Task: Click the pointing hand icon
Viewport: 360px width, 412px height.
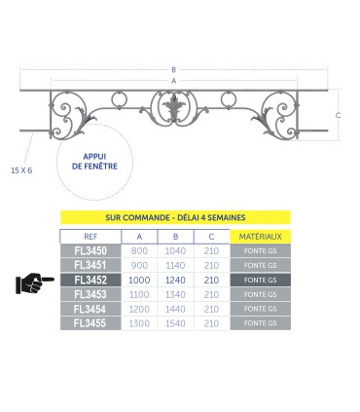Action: (34, 283)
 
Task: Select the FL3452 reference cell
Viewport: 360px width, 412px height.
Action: (90, 280)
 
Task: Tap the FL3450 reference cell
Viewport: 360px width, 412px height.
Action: (90, 251)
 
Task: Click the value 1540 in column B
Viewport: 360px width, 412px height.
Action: (175, 323)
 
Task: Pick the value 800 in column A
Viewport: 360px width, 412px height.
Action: (139, 251)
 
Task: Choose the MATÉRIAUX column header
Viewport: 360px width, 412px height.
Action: (260, 237)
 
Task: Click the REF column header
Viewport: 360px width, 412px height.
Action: (90, 237)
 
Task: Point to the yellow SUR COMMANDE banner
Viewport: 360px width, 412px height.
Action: (175, 217)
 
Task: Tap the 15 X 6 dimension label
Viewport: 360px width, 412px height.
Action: (21, 170)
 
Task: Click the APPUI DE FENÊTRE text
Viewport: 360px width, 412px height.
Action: (94, 162)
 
